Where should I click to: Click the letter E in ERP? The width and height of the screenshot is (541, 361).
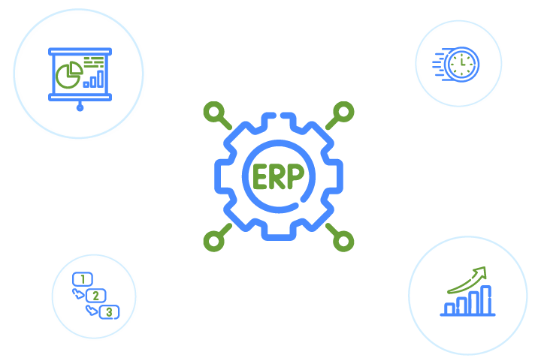260,176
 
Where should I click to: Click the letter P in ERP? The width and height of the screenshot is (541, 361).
296,176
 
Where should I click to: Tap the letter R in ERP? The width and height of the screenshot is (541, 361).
277,176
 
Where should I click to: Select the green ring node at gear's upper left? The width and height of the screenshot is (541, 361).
214,112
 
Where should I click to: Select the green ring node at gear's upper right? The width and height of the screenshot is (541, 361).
343,112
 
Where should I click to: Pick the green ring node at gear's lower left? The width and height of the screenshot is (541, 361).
214,241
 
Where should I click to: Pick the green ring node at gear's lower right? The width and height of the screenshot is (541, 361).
343,241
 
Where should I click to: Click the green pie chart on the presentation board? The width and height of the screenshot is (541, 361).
69,75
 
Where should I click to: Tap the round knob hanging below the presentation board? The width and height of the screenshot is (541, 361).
80,108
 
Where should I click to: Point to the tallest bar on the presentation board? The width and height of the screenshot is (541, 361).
101,79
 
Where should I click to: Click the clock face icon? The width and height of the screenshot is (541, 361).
461,65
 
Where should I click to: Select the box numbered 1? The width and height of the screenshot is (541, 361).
83,279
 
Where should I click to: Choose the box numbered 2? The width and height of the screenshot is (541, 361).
96,296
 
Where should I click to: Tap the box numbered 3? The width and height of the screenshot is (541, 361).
110,312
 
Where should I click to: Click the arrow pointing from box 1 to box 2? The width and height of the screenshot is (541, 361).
78,294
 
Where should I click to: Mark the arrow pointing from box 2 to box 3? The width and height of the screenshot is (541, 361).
92,310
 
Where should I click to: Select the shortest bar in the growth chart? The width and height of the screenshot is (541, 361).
449,308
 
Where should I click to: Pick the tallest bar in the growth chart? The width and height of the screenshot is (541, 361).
486,300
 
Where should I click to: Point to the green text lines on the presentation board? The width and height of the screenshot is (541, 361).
94,62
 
